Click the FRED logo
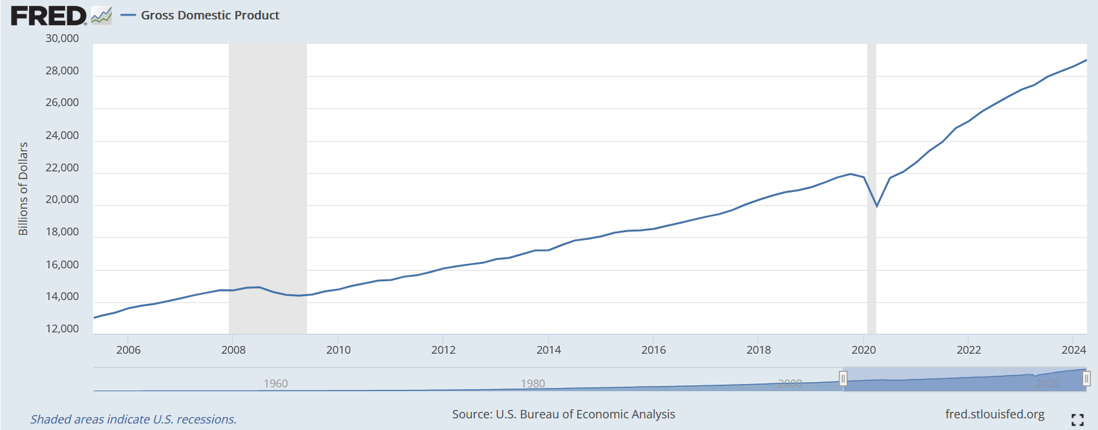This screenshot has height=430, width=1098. pyautogui.click(x=49, y=16)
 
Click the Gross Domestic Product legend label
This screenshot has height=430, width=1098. pyautogui.click(x=210, y=16)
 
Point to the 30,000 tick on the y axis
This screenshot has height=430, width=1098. pyautogui.click(x=62, y=39)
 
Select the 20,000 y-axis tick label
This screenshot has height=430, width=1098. pyautogui.click(x=62, y=200)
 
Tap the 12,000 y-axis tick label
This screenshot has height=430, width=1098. pyautogui.click(x=62, y=329)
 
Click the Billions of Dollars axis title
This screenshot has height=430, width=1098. pyautogui.click(x=23, y=189)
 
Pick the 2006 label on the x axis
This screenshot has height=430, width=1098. pyautogui.click(x=128, y=350)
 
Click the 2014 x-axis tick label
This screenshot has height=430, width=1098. pyautogui.click(x=549, y=350)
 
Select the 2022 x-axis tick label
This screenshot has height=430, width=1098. pyautogui.click(x=969, y=350)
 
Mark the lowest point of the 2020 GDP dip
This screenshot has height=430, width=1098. pyautogui.click(x=877, y=206)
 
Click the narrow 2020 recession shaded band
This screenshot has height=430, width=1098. pyautogui.click(x=872, y=129)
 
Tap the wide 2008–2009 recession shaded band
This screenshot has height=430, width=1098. pyautogui.click(x=268, y=162)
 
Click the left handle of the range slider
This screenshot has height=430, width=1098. pyautogui.click(x=843, y=379)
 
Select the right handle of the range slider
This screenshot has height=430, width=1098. pyautogui.click(x=1086, y=379)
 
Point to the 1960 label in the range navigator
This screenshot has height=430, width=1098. pyautogui.click(x=275, y=383)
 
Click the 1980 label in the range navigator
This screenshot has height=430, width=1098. pyautogui.click(x=533, y=383)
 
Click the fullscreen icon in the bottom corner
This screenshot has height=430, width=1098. pyautogui.click(x=1077, y=420)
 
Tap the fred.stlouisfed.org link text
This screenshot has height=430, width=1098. pyautogui.click(x=995, y=414)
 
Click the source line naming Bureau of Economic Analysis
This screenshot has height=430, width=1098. pyautogui.click(x=564, y=414)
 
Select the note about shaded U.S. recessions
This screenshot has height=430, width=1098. pyautogui.click(x=133, y=420)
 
